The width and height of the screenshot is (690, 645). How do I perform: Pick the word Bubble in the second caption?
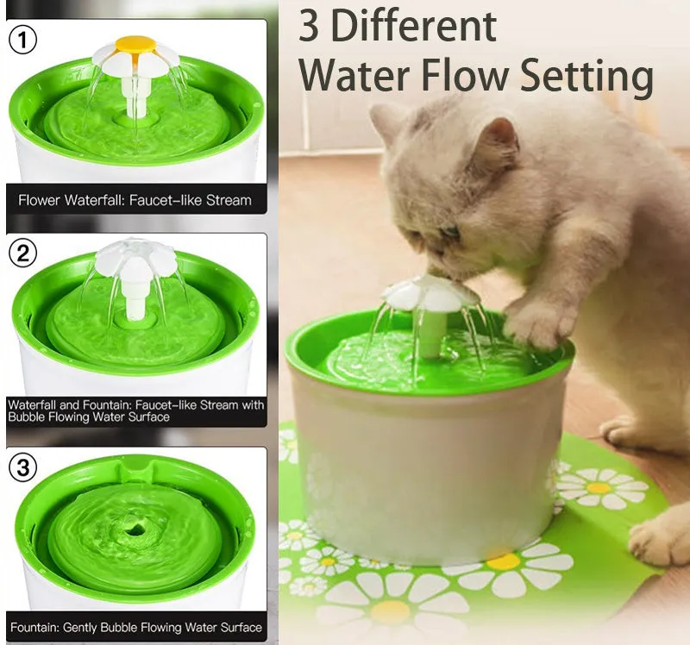[31, 416]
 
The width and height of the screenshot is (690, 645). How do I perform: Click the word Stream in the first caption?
[229, 200]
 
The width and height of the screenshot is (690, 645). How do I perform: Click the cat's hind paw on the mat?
[660, 539]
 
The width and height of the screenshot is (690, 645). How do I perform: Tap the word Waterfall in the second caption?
[34, 404]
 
